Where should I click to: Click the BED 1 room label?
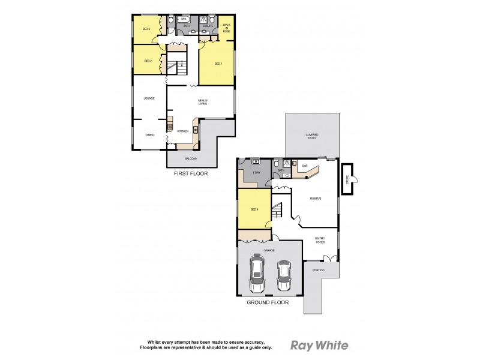click(218, 63)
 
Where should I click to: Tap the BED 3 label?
click(146, 29)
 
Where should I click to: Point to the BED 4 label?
click(254, 209)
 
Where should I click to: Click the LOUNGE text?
click(149, 98)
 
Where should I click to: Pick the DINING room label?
click(149, 134)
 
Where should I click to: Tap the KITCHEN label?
click(183, 131)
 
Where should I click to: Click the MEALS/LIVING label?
click(203, 102)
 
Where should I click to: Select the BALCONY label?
click(190, 158)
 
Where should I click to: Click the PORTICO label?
click(318, 270)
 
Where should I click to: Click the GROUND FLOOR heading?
click(268, 302)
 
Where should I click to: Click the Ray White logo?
click(319, 345)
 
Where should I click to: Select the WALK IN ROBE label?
click(226, 27)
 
